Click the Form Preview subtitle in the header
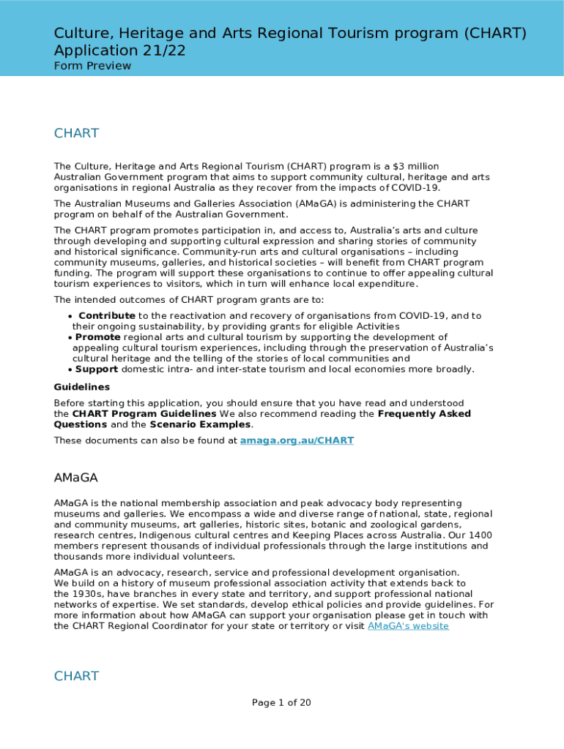click(x=92, y=66)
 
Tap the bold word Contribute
click(x=107, y=316)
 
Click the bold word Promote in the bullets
click(x=98, y=337)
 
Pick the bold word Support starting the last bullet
click(x=97, y=369)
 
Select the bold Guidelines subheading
click(x=82, y=387)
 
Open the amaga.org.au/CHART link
click(x=297, y=440)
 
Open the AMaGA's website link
click(x=408, y=626)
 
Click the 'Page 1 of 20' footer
click(x=281, y=703)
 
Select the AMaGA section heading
click(x=76, y=478)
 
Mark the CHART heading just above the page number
click(x=76, y=676)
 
